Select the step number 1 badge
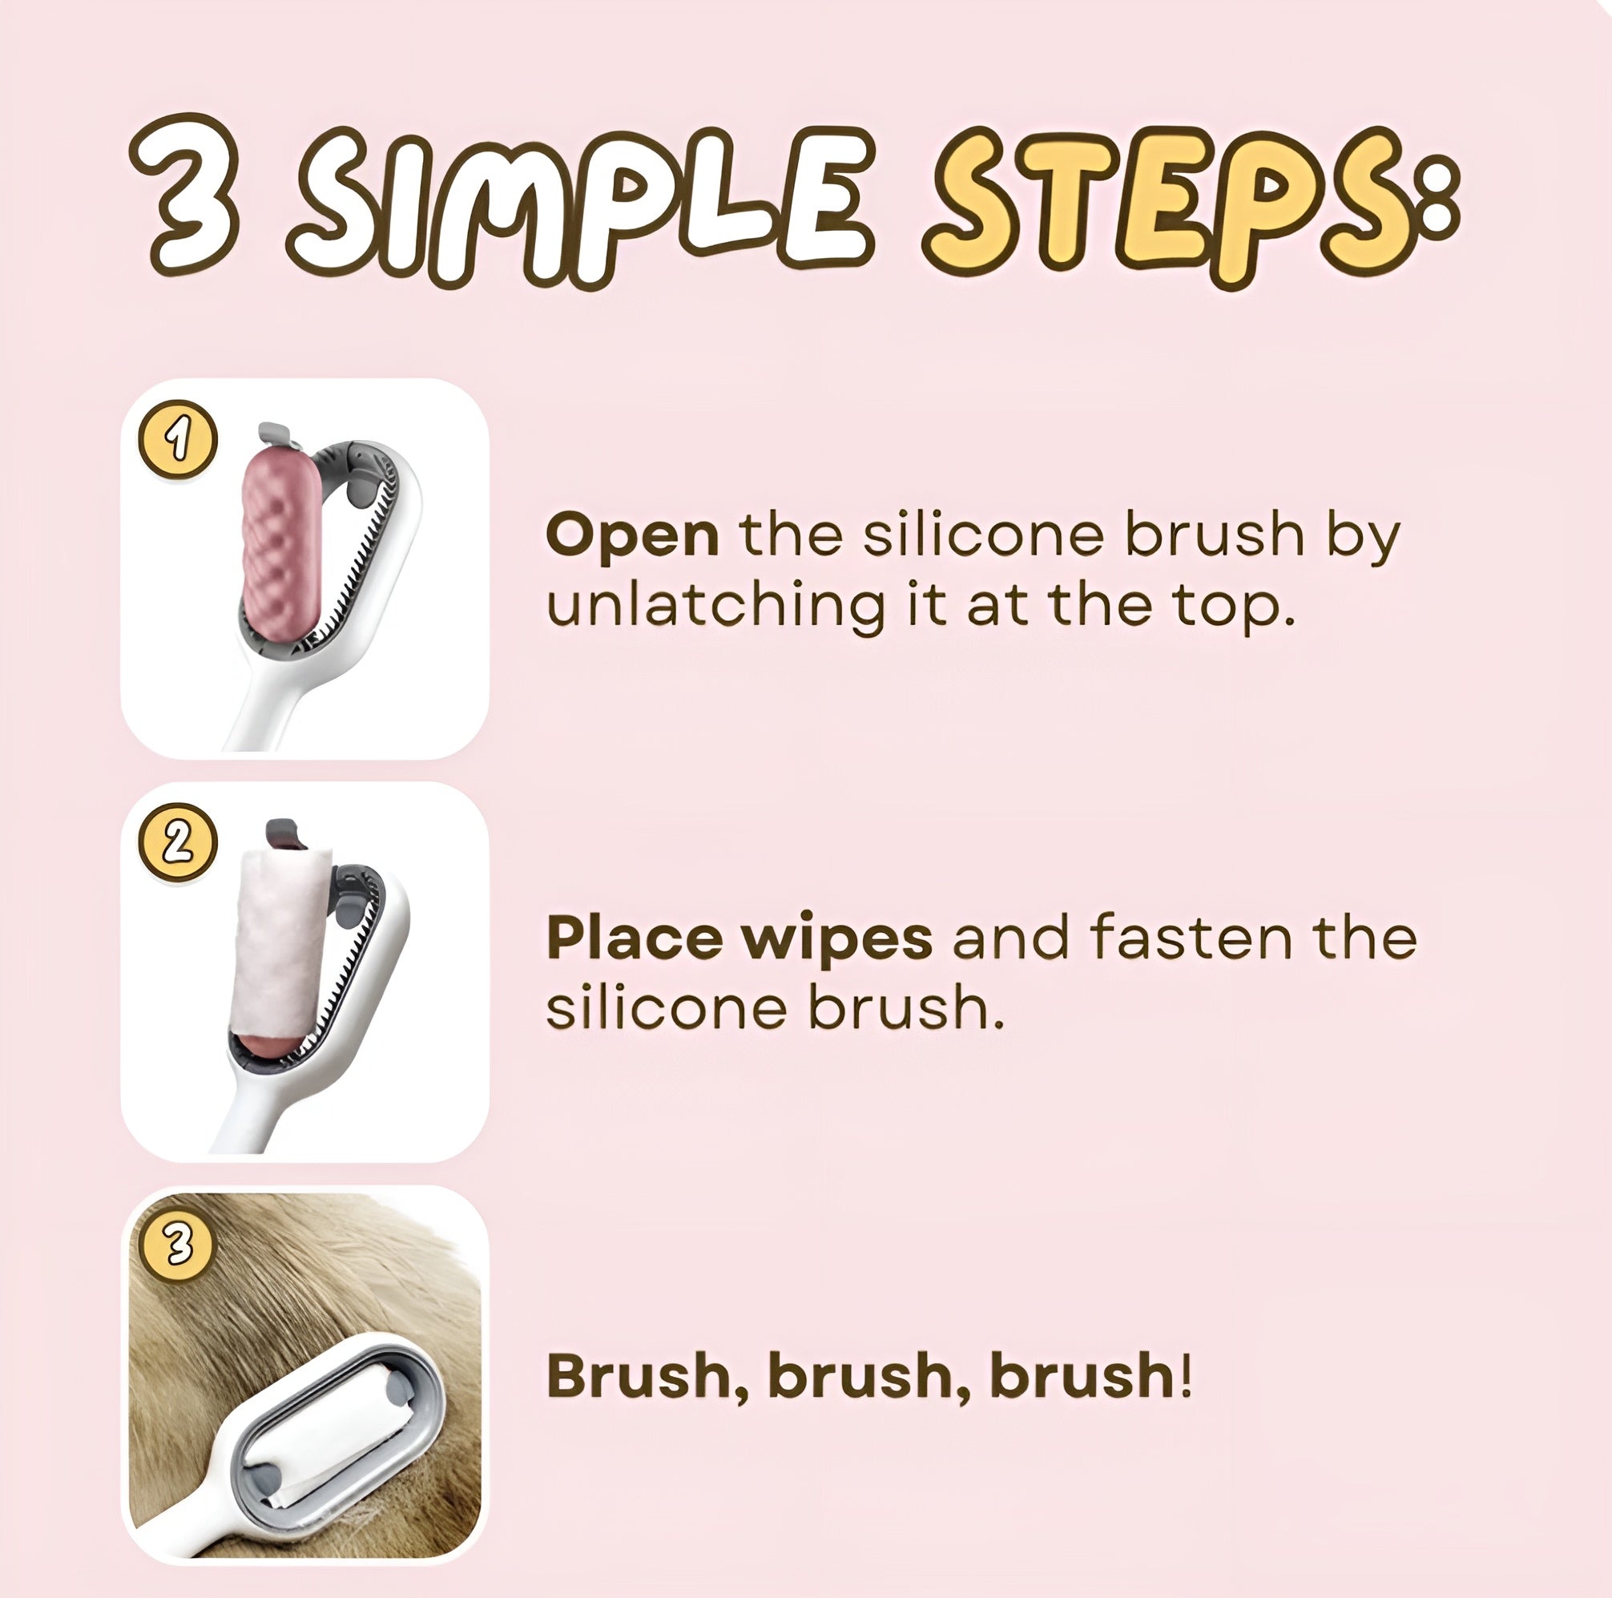click(178, 439)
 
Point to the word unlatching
click(715, 607)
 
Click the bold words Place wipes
click(740, 937)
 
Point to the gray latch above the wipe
click(282, 832)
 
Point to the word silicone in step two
click(666, 1008)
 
